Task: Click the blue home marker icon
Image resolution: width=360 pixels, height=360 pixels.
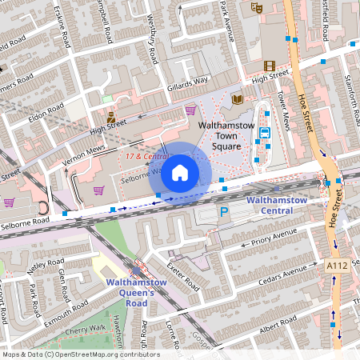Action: click(x=180, y=172)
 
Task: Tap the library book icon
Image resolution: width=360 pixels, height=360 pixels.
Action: click(x=236, y=99)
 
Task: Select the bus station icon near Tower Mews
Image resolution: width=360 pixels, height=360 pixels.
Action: click(x=265, y=134)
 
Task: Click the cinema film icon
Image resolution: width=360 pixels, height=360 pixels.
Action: click(x=269, y=66)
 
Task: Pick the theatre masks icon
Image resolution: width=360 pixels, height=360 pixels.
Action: click(x=257, y=6)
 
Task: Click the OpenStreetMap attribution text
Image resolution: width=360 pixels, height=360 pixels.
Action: click(x=80, y=354)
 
